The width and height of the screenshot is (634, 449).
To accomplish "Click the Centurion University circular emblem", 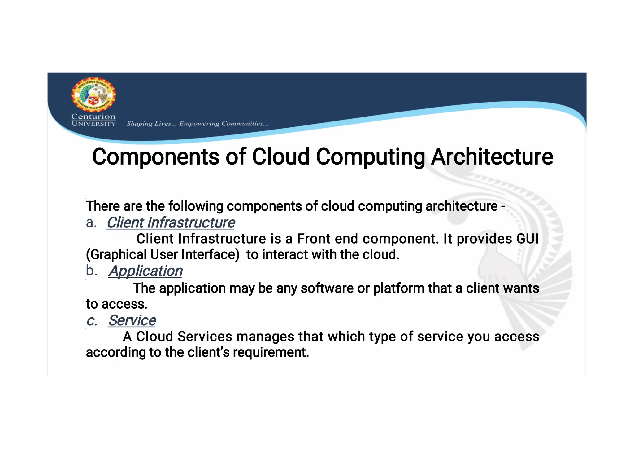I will (x=93, y=95).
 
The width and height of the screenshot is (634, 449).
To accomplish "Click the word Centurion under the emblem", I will (x=93, y=117).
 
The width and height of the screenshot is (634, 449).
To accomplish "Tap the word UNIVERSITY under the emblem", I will (x=93, y=124).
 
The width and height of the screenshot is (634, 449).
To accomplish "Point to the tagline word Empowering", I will (x=199, y=124).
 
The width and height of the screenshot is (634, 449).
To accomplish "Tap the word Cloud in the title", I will (x=280, y=157).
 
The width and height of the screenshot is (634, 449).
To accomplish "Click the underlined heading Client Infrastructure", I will (x=171, y=223).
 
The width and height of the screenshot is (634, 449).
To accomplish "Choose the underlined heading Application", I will (x=145, y=271).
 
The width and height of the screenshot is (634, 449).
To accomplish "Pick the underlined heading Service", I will (x=132, y=320).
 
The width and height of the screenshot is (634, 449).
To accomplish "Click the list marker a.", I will (x=91, y=222).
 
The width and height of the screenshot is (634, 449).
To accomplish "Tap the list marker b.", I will (x=91, y=271).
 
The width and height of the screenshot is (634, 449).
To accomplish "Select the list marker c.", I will (x=92, y=321).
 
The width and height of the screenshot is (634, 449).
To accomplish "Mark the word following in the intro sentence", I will (x=196, y=206).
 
